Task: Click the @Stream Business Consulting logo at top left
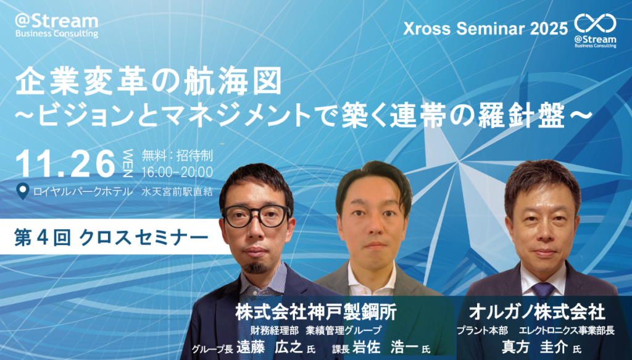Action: click(x=56, y=26)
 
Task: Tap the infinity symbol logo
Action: click(x=596, y=23)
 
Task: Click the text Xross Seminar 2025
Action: click(x=485, y=29)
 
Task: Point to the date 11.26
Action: click(x=65, y=164)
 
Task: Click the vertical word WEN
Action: click(x=127, y=164)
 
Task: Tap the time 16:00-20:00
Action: click(x=177, y=172)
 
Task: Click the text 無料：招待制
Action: click(x=177, y=156)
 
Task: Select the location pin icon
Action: click(x=23, y=191)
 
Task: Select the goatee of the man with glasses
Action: click(x=255, y=267)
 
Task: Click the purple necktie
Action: click(x=543, y=291)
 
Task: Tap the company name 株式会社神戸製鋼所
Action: click(x=315, y=311)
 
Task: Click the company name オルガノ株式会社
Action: click(x=538, y=312)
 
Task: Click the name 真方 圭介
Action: click(x=534, y=346)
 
